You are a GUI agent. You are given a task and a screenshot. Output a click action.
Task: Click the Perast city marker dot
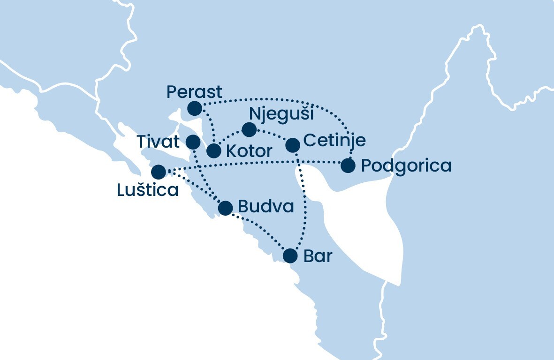coord(194,109)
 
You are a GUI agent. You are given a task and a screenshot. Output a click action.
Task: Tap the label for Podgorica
coord(406,166)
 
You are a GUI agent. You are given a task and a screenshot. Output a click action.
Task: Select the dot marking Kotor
coord(213,151)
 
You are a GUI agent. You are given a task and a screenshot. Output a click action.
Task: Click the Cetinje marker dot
coord(293,145)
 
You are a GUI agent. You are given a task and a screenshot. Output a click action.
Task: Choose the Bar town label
coord(318,256)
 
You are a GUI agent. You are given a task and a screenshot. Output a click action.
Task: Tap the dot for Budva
coord(226,208)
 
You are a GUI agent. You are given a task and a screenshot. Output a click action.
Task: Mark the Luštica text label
coord(148,190)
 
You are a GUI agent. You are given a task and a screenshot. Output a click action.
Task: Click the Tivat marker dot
coord(193,141)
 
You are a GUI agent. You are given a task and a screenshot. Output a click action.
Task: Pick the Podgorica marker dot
coord(348,166)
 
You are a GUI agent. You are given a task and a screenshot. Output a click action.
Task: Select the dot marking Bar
coord(290,256)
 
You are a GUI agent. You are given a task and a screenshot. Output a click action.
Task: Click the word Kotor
coord(249,151)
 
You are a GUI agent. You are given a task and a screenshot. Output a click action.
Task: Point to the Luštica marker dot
coord(159,172)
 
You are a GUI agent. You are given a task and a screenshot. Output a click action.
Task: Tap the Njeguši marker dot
coord(249,129)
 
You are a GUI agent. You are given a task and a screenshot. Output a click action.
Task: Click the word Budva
coord(266,207)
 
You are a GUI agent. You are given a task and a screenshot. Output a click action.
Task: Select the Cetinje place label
coord(334,141)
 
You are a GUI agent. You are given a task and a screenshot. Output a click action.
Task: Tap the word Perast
coord(194,92)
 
